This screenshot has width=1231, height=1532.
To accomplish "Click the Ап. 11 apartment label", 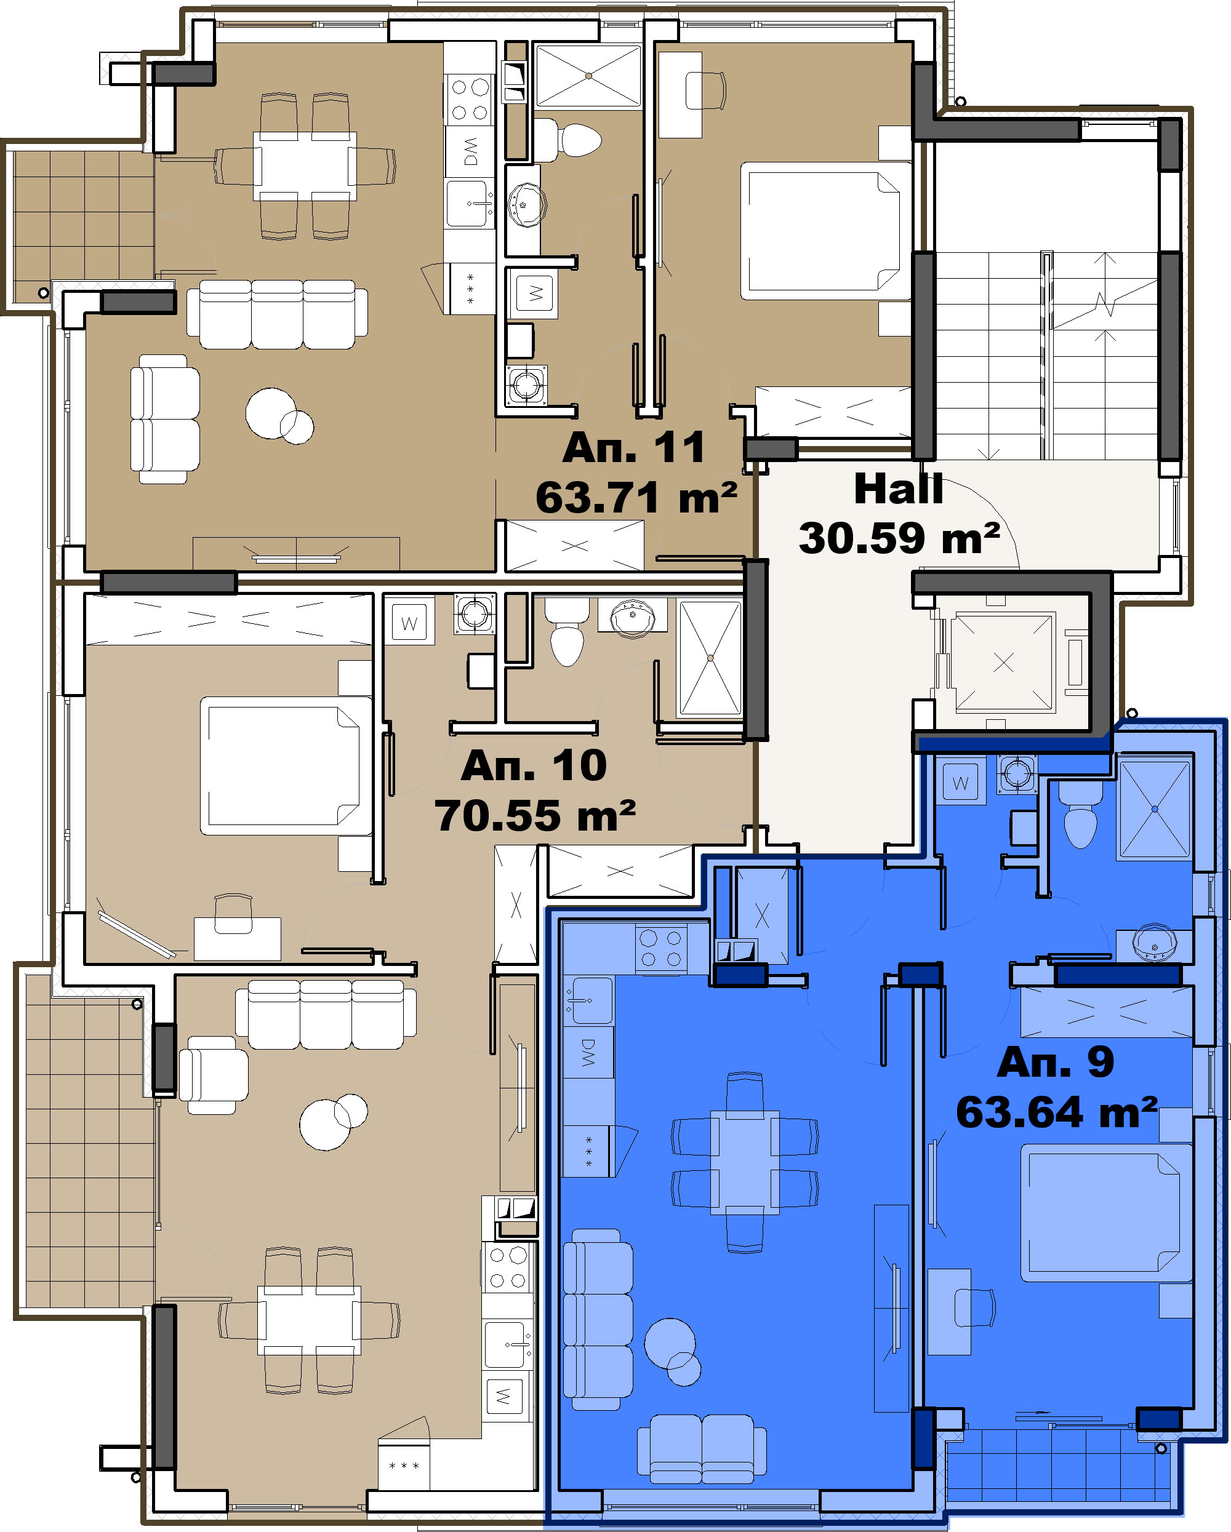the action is click(633, 448).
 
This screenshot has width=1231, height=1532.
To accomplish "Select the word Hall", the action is click(899, 489).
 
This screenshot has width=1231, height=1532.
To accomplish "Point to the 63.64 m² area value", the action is click(1057, 1112).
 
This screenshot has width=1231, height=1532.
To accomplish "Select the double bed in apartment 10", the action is click(286, 765).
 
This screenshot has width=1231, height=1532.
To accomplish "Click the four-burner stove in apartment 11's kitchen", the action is click(470, 99).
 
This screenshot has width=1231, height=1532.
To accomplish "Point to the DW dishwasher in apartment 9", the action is click(588, 1053).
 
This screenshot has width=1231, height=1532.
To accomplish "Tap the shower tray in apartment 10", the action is click(710, 658).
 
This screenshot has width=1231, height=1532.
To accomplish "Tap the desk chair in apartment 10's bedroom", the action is click(233, 914).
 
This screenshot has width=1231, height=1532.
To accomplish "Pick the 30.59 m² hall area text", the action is click(899, 538).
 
